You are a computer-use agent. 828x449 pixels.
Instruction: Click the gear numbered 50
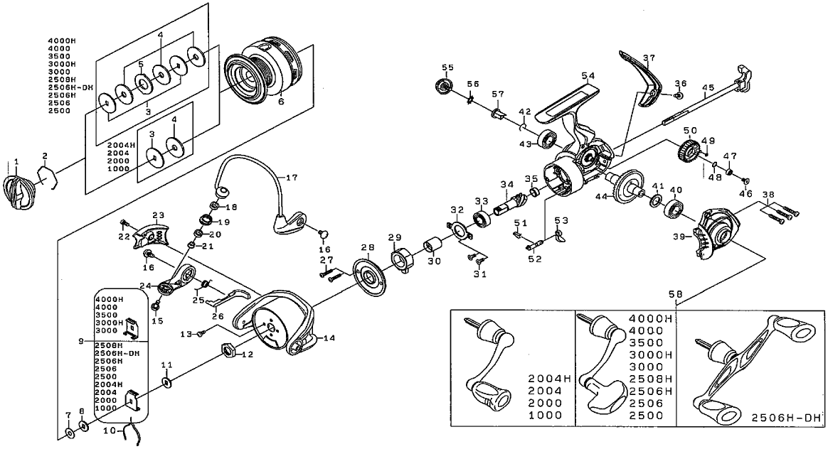[x=687, y=151]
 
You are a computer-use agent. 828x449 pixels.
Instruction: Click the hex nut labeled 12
[x=229, y=349]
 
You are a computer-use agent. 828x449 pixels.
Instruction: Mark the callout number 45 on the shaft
[x=707, y=88]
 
